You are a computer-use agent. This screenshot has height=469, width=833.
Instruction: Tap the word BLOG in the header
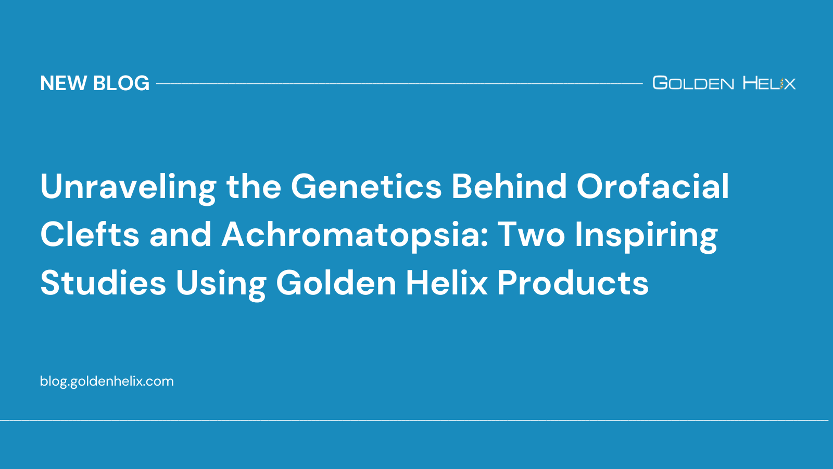pyautogui.click(x=121, y=83)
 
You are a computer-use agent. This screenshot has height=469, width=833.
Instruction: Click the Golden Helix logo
pyautogui.click(x=724, y=83)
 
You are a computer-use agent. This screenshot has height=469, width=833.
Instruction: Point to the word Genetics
pyautogui.click(x=366, y=187)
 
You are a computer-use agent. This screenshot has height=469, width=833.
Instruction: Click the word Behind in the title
pyautogui.click(x=509, y=187)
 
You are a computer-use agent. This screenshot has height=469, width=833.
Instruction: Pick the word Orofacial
pyautogui.click(x=652, y=187)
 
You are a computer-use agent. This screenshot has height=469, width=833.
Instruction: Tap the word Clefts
pyautogui.click(x=90, y=234)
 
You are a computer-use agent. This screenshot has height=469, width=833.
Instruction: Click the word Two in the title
pyautogui.click(x=531, y=234)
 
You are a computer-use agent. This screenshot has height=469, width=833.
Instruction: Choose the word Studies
pyautogui.click(x=103, y=283)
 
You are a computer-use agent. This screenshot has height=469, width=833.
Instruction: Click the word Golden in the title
pyautogui.click(x=336, y=283)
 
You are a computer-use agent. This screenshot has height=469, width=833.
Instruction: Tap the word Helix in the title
pyautogui.click(x=446, y=283)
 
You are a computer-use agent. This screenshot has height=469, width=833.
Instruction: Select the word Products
pyautogui.click(x=573, y=283)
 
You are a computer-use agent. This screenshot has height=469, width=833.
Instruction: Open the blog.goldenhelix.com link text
pyautogui.click(x=107, y=381)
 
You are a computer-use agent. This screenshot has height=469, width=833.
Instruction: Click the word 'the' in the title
pyautogui.click(x=254, y=187)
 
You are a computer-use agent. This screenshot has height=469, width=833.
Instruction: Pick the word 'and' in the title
pyautogui.click(x=180, y=234)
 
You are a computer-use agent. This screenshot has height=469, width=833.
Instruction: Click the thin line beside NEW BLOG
pyautogui.click(x=399, y=83)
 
